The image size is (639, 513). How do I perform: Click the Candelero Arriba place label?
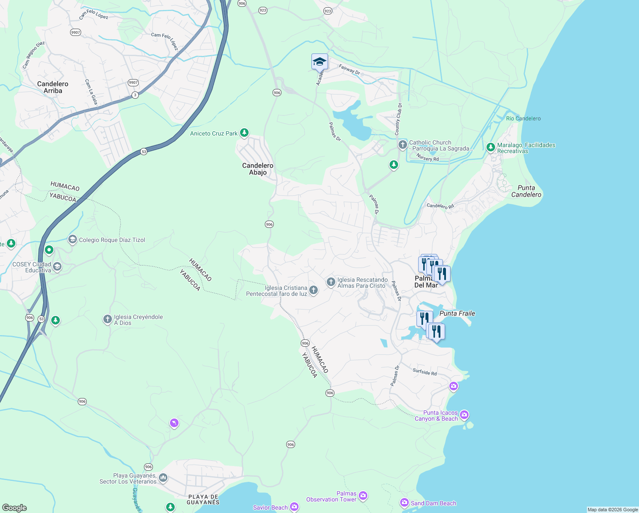[53, 87]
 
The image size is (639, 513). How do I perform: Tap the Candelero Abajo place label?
[258, 169]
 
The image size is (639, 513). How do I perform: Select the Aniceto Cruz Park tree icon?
[244, 133]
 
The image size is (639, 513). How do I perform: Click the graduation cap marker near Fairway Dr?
[319, 62]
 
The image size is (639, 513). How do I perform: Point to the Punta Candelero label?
[526, 191]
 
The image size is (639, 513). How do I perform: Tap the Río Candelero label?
[523, 118]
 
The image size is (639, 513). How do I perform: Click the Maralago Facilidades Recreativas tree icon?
[491, 147]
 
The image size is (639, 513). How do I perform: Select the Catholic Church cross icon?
[402, 145]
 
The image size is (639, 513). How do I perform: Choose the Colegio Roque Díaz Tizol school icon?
[72, 239]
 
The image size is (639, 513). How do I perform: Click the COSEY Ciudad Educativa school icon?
[57, 267]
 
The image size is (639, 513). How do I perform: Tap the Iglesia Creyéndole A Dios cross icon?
[108, 319]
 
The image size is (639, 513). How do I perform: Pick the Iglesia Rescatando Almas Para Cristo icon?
[331, 282]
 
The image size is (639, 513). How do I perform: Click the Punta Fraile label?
[457, 313]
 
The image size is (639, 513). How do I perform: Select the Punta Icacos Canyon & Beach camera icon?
[464, 415]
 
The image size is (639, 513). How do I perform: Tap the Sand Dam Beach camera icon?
[405, 503]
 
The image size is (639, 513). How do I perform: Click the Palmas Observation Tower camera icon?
[363, 496]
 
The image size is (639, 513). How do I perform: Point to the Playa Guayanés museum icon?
[163, 478]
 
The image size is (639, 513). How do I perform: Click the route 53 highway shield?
[144, 152]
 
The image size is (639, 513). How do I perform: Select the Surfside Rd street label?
[425, 372]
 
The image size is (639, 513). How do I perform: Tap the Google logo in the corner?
[15, 507]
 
